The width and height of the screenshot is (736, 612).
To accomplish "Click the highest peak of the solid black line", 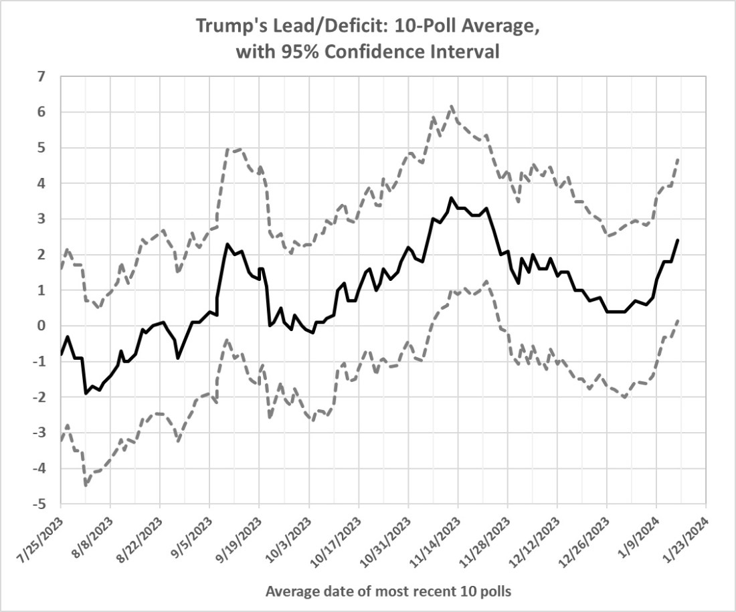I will [451, 197].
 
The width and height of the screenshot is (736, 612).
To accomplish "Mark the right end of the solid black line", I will [678, 239].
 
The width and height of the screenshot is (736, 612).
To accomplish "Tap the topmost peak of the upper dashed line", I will [452, 106].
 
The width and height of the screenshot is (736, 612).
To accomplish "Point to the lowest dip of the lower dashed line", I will [86, 485].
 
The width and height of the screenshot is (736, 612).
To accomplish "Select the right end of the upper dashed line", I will [678, 158].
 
